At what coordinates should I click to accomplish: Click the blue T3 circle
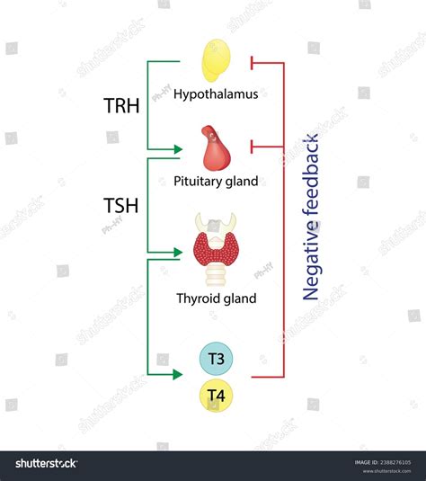216,360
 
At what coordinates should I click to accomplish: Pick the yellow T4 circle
216,394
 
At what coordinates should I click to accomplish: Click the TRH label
120,105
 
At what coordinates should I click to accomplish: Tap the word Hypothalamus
216,93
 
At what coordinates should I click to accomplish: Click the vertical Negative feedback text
312,217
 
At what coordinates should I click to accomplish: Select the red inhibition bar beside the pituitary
253,145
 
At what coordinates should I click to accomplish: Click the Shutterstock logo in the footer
43,464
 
